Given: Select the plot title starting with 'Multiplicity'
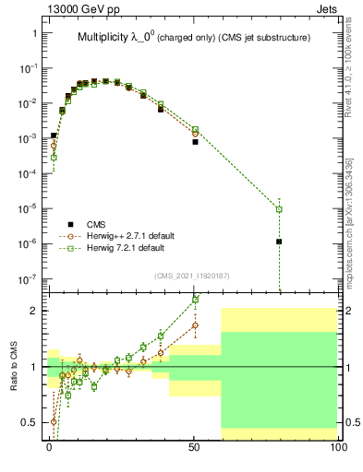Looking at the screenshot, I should click(192, 38).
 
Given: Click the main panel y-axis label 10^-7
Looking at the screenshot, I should click(28, 278).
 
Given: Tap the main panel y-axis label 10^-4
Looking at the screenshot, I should click(28, 173).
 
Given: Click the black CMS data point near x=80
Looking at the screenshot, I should click(279, 242).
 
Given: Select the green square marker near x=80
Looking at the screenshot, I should click(279, 209).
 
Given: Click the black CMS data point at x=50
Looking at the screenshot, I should click(195, 142).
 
